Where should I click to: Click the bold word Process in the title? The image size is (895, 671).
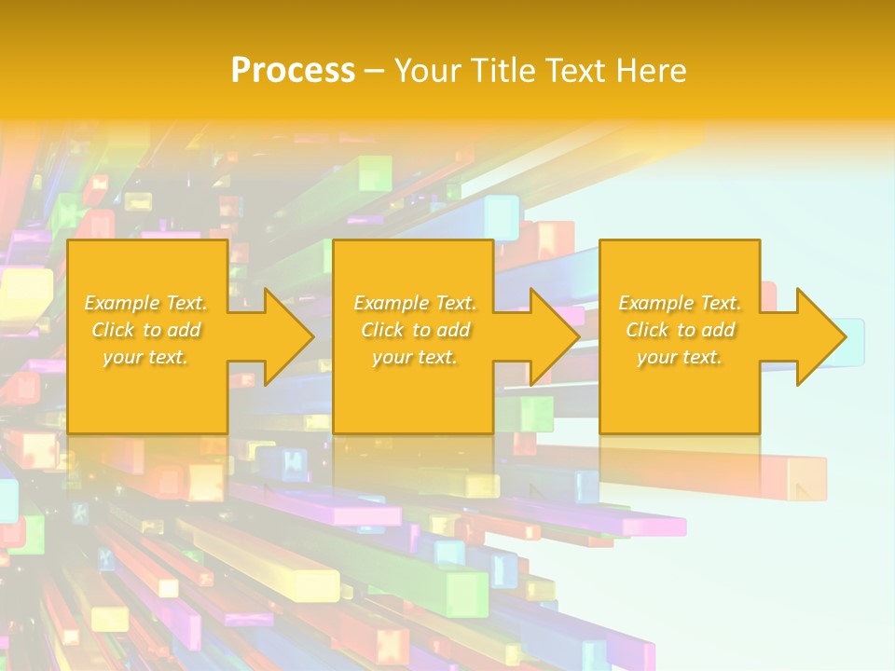coord(293,71)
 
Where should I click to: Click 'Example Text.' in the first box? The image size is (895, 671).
coord(146,303)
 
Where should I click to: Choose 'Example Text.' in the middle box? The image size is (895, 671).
coord(415,303)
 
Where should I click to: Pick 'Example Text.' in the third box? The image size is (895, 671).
coord(680,303)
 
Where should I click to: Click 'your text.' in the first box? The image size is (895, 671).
coord(145,357)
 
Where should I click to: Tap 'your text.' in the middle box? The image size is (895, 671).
coord(414,357)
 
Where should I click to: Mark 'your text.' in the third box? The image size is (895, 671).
coord(679,357)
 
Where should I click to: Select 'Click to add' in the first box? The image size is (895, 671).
coord(146,330)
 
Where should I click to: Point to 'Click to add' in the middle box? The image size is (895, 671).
coord(415,330)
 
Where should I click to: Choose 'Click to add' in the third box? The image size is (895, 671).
coord(680,330)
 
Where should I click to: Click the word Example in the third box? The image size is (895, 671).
coord(656,303)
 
